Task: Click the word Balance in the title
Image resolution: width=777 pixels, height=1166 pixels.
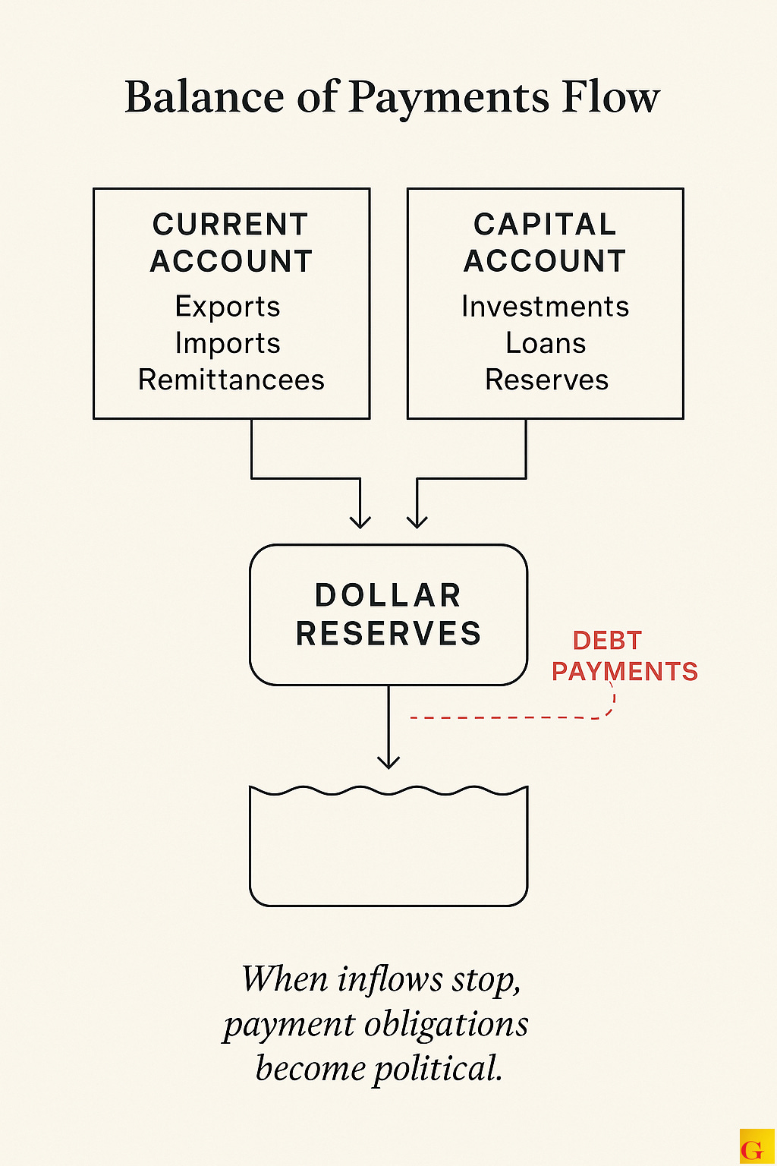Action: coord(204,98)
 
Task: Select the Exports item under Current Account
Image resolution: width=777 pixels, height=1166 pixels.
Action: coord(228,307)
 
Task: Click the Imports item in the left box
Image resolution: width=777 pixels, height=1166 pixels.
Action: coord(228,343)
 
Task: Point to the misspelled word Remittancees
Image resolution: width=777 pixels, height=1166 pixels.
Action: coord(231,380)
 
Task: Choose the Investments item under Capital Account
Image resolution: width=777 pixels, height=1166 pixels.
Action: coord(546,307)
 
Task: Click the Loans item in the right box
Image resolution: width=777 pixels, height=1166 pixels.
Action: coord(546,343)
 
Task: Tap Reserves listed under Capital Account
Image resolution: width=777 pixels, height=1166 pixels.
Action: coord(546,380)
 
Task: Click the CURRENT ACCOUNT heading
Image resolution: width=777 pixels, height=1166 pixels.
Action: coord(231,243)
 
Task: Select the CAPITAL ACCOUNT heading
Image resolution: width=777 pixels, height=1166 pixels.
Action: coord(545,243)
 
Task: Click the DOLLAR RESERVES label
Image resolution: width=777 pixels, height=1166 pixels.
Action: coord(388,615)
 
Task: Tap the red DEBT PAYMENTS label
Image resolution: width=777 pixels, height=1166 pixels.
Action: coord(624,657)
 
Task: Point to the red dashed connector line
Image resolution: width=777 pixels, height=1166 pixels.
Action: coord(508,717)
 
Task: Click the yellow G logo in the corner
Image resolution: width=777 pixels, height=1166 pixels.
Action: coord(753,1148)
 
